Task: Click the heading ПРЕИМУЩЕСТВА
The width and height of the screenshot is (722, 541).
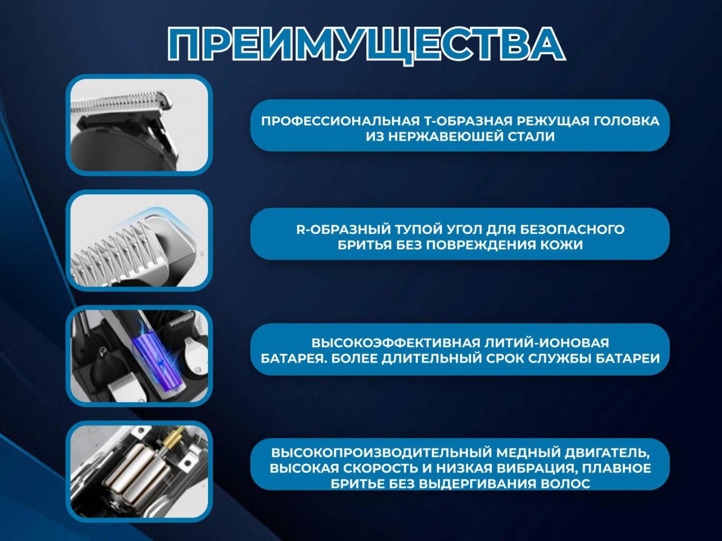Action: [x=367, y=45]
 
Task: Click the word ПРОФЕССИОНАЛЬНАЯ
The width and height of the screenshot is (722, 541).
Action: [x=340, y=121]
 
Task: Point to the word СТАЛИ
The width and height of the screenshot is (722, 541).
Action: [x=529, y=137]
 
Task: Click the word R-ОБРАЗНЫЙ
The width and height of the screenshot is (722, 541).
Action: [x=343, y=229]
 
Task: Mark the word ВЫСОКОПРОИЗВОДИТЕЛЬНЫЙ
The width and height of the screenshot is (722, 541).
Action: [x=381, y=452]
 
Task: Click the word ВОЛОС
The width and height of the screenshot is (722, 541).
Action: [x=565, y=483]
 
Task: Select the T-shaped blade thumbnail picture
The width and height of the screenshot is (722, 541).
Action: [x=139, y=125]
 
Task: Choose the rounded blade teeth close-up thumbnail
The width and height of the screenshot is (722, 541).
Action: [x=139, y=240]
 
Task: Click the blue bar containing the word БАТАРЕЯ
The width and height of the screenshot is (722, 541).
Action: [x=460, y=350]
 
